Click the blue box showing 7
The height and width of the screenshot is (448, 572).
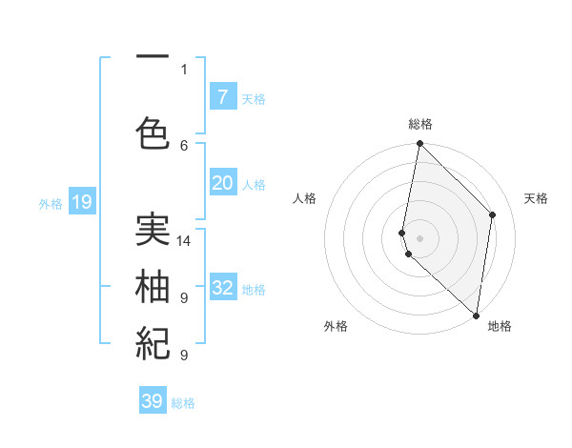(222, 97)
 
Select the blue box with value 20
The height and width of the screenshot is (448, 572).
(222, 183)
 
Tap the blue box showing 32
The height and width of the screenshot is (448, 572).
(222, 288)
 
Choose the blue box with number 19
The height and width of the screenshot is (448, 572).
(81, 202)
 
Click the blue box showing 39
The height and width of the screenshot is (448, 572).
(153, 401)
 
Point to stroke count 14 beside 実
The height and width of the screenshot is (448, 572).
(184, 241)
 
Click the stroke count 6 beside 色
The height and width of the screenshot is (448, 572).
(184, 145)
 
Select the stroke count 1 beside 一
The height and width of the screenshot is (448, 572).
(184, 69)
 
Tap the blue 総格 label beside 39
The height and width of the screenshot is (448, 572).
(183, 403)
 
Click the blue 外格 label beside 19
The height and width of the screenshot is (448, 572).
(51, 203)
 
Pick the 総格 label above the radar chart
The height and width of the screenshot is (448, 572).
(420, 124)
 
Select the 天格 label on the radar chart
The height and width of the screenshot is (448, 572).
(536, 198)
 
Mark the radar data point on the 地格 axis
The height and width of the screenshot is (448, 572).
(476, 316)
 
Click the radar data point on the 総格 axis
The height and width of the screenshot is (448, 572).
(420, 144)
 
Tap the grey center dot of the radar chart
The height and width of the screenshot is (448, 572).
(420, 237)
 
